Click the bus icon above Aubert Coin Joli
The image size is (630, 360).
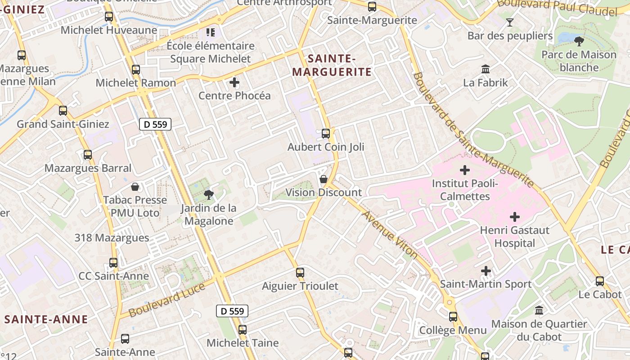pos(326,134)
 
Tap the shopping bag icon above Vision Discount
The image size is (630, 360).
pos(323,179)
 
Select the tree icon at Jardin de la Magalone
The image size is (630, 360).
pos(208,195)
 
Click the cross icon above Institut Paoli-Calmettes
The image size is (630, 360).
pos(465,170)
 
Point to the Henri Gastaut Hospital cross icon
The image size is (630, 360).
pos(515,217)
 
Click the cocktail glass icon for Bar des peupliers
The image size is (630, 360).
pos(510,22)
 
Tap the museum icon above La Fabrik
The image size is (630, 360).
pos(486,69)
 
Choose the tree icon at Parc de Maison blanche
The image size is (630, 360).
pos(579,41)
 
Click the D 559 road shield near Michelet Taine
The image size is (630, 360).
pos(232,311)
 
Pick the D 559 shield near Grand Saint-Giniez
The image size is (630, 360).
pos(155,124)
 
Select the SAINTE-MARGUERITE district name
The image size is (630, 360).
pos(332,65)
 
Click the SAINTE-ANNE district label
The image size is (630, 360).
pos(46,319)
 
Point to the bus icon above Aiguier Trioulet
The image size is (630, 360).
pos(300,273)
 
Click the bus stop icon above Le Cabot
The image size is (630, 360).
pos(600,281)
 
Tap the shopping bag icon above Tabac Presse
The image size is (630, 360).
pos(135,186)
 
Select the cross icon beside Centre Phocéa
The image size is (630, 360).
pos(234,82)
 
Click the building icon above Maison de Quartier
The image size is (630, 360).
pos(539,310)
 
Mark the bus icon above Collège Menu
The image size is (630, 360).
pos(453,317)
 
